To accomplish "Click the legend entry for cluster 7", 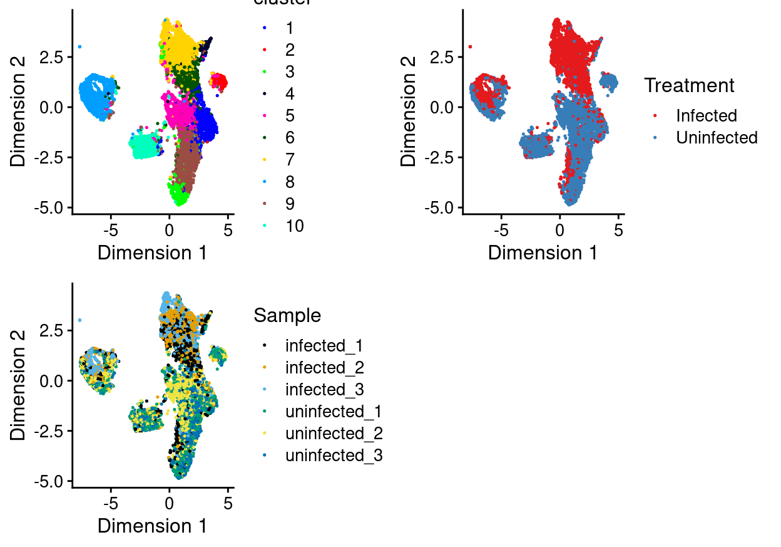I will [x=289, y=160].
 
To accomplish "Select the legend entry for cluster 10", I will [x=294, y=226].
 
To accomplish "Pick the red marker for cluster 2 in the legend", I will [x=265, y=50].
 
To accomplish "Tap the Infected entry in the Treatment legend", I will [x=706, y=116].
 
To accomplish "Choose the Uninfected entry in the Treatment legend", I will [x=716, y=138].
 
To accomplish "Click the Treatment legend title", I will [x=689, y=85].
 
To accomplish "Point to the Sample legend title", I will [x=287, y=316].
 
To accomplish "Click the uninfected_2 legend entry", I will [x=334, y=434].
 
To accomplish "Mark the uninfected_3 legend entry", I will [x=334, y=456].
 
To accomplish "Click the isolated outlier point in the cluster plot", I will [x=79, y=46].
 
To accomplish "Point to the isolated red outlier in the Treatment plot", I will [x=470, y=46].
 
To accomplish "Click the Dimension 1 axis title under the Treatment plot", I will [x=542, y=253].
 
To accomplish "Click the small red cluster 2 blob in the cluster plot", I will [x=219, y=81].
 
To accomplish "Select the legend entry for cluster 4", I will [x=289, y=94].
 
